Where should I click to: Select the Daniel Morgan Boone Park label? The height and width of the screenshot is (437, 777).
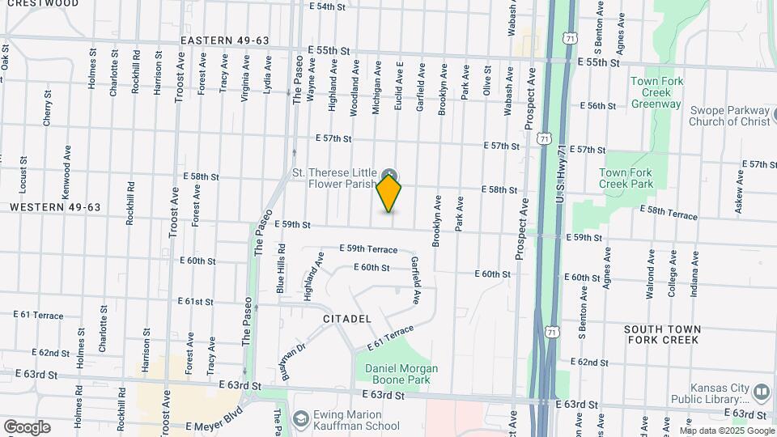[x=401, y=374]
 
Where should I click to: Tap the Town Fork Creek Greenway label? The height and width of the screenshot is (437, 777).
[x=656, y=93]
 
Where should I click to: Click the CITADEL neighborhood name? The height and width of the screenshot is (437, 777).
[x=347, y=319]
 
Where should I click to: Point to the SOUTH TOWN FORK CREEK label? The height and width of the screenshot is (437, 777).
[x=662, y=335]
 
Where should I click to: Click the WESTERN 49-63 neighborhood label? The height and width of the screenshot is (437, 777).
[x=55, y=208]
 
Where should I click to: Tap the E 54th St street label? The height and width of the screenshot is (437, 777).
[x=328, y=6]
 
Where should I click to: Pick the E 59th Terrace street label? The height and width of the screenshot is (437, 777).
[x=368, y=249]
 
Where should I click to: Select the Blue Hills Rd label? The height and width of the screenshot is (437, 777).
[x=281, y=269]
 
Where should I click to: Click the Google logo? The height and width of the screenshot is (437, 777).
[x=27, y=426]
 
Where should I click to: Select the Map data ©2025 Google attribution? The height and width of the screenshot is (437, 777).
[x=726, y=430]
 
